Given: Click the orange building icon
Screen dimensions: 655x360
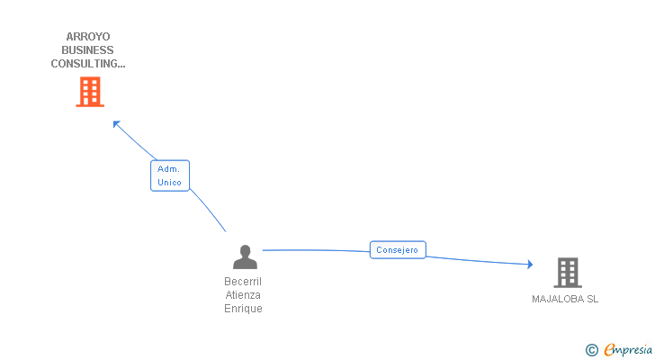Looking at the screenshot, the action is (x=89, y=92).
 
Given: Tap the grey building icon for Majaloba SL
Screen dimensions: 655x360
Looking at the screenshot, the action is (x=567, y=272).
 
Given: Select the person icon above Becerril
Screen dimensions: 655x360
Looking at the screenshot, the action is (x=245, y=257).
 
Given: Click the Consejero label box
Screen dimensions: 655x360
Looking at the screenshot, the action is (x=397, y=250).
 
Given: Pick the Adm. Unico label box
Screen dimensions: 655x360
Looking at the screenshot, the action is (x=169, y=175).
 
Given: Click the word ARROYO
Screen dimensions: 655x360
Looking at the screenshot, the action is (x=89, y=37).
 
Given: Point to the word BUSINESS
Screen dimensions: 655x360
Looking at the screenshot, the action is (x=89, y=50).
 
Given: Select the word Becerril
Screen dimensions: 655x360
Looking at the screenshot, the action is (x=243, y=282).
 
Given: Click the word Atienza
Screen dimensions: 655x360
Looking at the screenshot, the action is (x=243, y=295).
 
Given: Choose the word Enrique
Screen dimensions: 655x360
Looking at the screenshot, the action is (x=243, y=309).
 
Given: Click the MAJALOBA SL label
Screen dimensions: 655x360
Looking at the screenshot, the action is (x=565, y=300).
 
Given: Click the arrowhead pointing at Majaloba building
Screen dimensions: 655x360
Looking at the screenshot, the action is (x=530, y=265).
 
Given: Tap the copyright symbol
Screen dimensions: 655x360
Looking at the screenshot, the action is (x=591, y=349).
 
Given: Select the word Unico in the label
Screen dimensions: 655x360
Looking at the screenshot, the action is (x=169, y=183).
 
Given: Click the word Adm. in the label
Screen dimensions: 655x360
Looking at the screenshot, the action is (x=168, y=169).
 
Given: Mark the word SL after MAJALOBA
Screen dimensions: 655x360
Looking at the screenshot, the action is (x=592, y=300).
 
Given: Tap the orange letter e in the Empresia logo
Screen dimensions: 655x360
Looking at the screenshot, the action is (x=609, y=350).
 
